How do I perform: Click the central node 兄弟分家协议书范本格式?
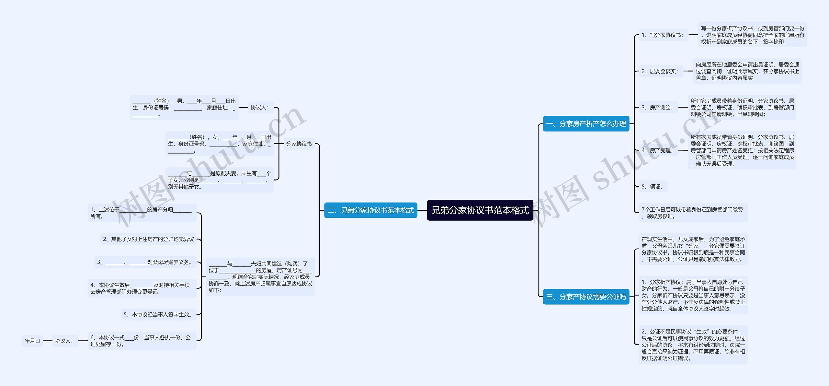480,210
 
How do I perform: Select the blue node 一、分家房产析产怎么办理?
586,124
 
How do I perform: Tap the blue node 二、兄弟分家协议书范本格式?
370,210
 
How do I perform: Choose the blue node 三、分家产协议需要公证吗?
586,297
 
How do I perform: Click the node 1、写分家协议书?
662,35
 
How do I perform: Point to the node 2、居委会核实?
660,71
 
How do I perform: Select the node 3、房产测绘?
657,108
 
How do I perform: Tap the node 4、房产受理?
657,150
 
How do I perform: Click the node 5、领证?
652,187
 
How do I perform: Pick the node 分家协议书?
299,144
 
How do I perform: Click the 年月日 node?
32,341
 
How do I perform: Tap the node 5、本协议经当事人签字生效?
158,315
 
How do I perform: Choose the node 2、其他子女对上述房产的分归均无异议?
148,239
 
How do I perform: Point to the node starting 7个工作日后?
693,213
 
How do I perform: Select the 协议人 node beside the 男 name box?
260,108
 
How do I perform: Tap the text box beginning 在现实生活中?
693,249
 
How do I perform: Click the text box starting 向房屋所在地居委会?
747,71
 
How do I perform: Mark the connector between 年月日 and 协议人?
48,341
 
